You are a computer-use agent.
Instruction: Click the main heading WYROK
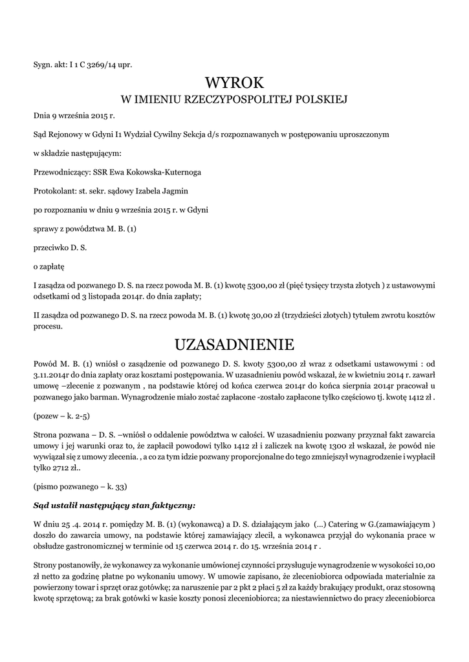234,82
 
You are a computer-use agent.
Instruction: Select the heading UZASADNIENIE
234,343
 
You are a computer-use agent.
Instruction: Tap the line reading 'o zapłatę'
49,266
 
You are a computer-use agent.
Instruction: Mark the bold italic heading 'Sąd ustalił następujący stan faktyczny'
114,504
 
